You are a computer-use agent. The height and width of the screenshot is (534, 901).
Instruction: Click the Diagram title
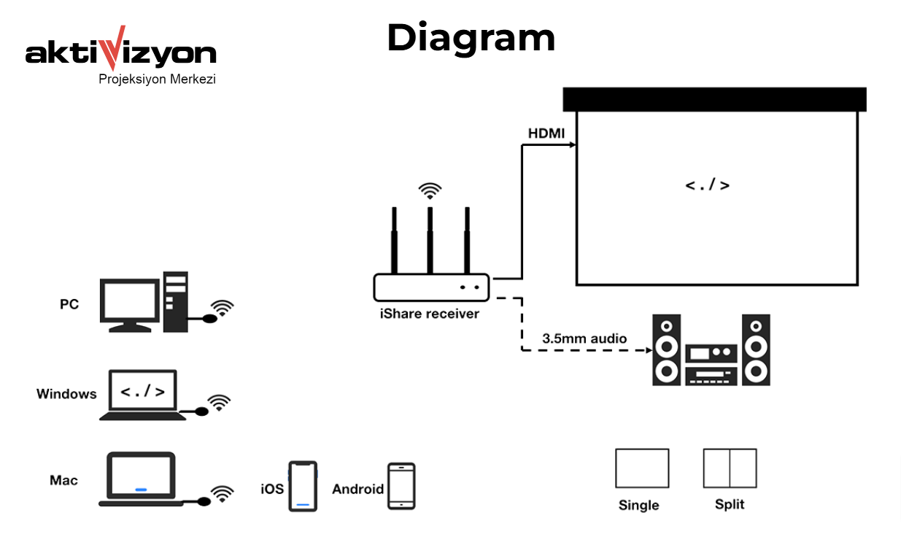coord(471,38)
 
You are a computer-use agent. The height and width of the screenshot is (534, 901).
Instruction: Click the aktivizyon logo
coord(121,53)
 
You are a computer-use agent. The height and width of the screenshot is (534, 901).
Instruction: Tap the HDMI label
coord(547,134)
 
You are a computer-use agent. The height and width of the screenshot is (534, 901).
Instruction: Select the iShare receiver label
coord(429,314)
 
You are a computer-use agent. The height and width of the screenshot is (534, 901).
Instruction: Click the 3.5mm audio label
coord(584,338)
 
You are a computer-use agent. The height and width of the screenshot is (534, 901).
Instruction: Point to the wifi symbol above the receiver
coord(430,191)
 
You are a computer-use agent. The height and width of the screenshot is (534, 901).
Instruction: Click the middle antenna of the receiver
coord(430,239)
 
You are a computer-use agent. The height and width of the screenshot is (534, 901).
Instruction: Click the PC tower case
coord(175,301)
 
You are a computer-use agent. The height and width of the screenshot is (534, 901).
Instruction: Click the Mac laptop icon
coord(142,479)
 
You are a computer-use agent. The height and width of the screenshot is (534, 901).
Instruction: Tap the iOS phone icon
coord(302,486)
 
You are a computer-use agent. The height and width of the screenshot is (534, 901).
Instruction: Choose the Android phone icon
coord(401,486)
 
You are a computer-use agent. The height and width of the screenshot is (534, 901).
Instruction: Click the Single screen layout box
coord(642,468)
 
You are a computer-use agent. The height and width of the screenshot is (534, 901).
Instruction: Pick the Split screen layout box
coord(730,468)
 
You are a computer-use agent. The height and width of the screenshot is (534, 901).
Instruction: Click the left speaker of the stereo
coord(666,350)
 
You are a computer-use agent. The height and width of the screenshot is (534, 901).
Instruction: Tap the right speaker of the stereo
coord(756,350)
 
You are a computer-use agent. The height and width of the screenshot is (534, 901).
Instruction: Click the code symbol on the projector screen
coord(707,185)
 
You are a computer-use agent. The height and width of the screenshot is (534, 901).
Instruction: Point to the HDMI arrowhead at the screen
coord(573,145)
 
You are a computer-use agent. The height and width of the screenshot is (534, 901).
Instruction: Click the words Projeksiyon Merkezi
coord(157,79)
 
